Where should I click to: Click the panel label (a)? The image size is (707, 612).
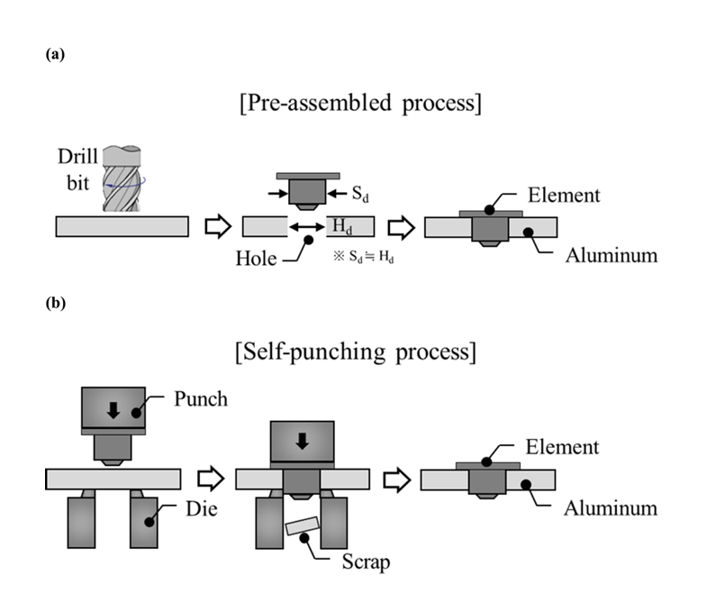(54, 54)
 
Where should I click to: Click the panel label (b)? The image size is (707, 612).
(54, 304)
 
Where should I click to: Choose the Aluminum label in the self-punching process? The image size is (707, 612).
(611, 507)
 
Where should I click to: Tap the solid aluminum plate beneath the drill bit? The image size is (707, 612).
(122, 226)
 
